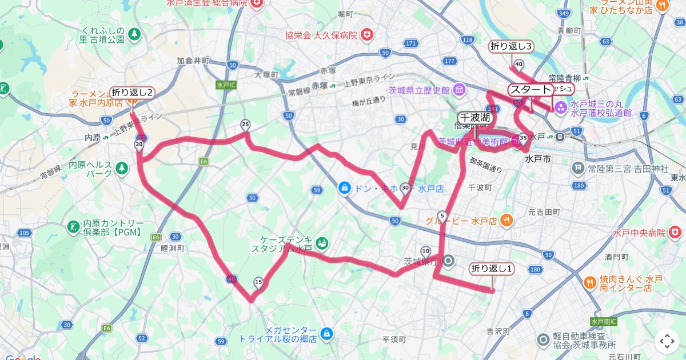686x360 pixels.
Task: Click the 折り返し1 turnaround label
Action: click(492, 268)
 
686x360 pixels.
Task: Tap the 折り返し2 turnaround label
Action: click(132, 92)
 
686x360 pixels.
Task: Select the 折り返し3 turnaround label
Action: click(511, 46)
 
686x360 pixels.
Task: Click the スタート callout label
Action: click(531, 89)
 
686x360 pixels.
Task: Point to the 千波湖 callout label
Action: click(475, 117)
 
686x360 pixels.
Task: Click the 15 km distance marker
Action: click(258, 282)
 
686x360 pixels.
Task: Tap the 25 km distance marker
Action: click(246, 124)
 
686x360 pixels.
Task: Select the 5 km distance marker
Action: click(442, 216)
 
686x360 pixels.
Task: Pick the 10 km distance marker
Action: click(425, 251)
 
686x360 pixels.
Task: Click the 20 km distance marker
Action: click(139, 145)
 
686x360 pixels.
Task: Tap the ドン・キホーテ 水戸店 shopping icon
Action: click(344, 187)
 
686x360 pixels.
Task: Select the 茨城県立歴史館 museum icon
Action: click(460, 90)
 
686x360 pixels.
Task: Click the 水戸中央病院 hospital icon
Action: click(675, 233)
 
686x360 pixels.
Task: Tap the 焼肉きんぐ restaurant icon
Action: click(589, 282)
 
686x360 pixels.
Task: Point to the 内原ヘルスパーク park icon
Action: click(121, 168)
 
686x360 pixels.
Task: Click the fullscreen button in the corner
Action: click(667, 341)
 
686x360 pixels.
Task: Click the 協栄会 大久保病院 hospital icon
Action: click(366, 35)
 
